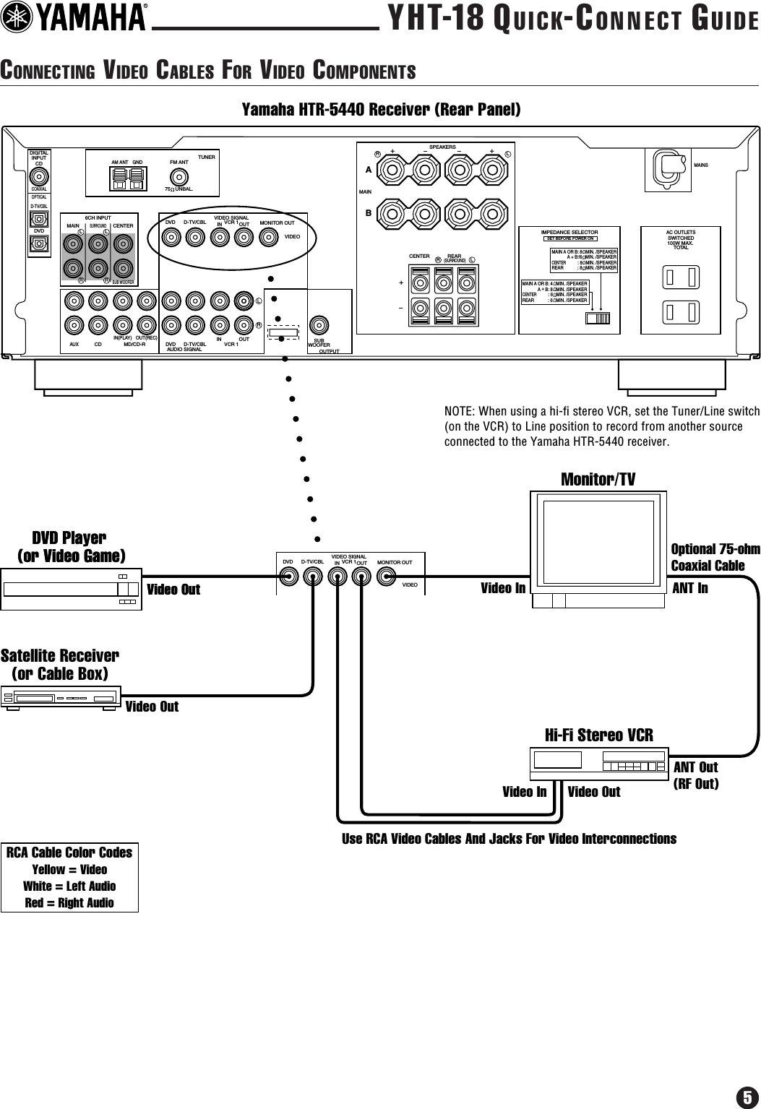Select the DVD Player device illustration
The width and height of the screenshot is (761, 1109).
71,590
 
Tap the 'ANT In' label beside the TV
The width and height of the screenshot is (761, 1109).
690,588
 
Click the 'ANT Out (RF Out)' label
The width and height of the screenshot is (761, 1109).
696,774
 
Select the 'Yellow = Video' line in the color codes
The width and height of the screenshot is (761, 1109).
69,869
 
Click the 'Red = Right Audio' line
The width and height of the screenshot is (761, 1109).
69,902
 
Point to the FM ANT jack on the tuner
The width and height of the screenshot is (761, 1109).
179,176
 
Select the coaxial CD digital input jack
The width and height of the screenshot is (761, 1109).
39,177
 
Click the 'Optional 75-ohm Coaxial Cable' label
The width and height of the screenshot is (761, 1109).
715,557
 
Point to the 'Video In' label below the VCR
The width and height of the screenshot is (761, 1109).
524,792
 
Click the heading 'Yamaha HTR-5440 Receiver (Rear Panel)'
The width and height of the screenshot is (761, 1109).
380,110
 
